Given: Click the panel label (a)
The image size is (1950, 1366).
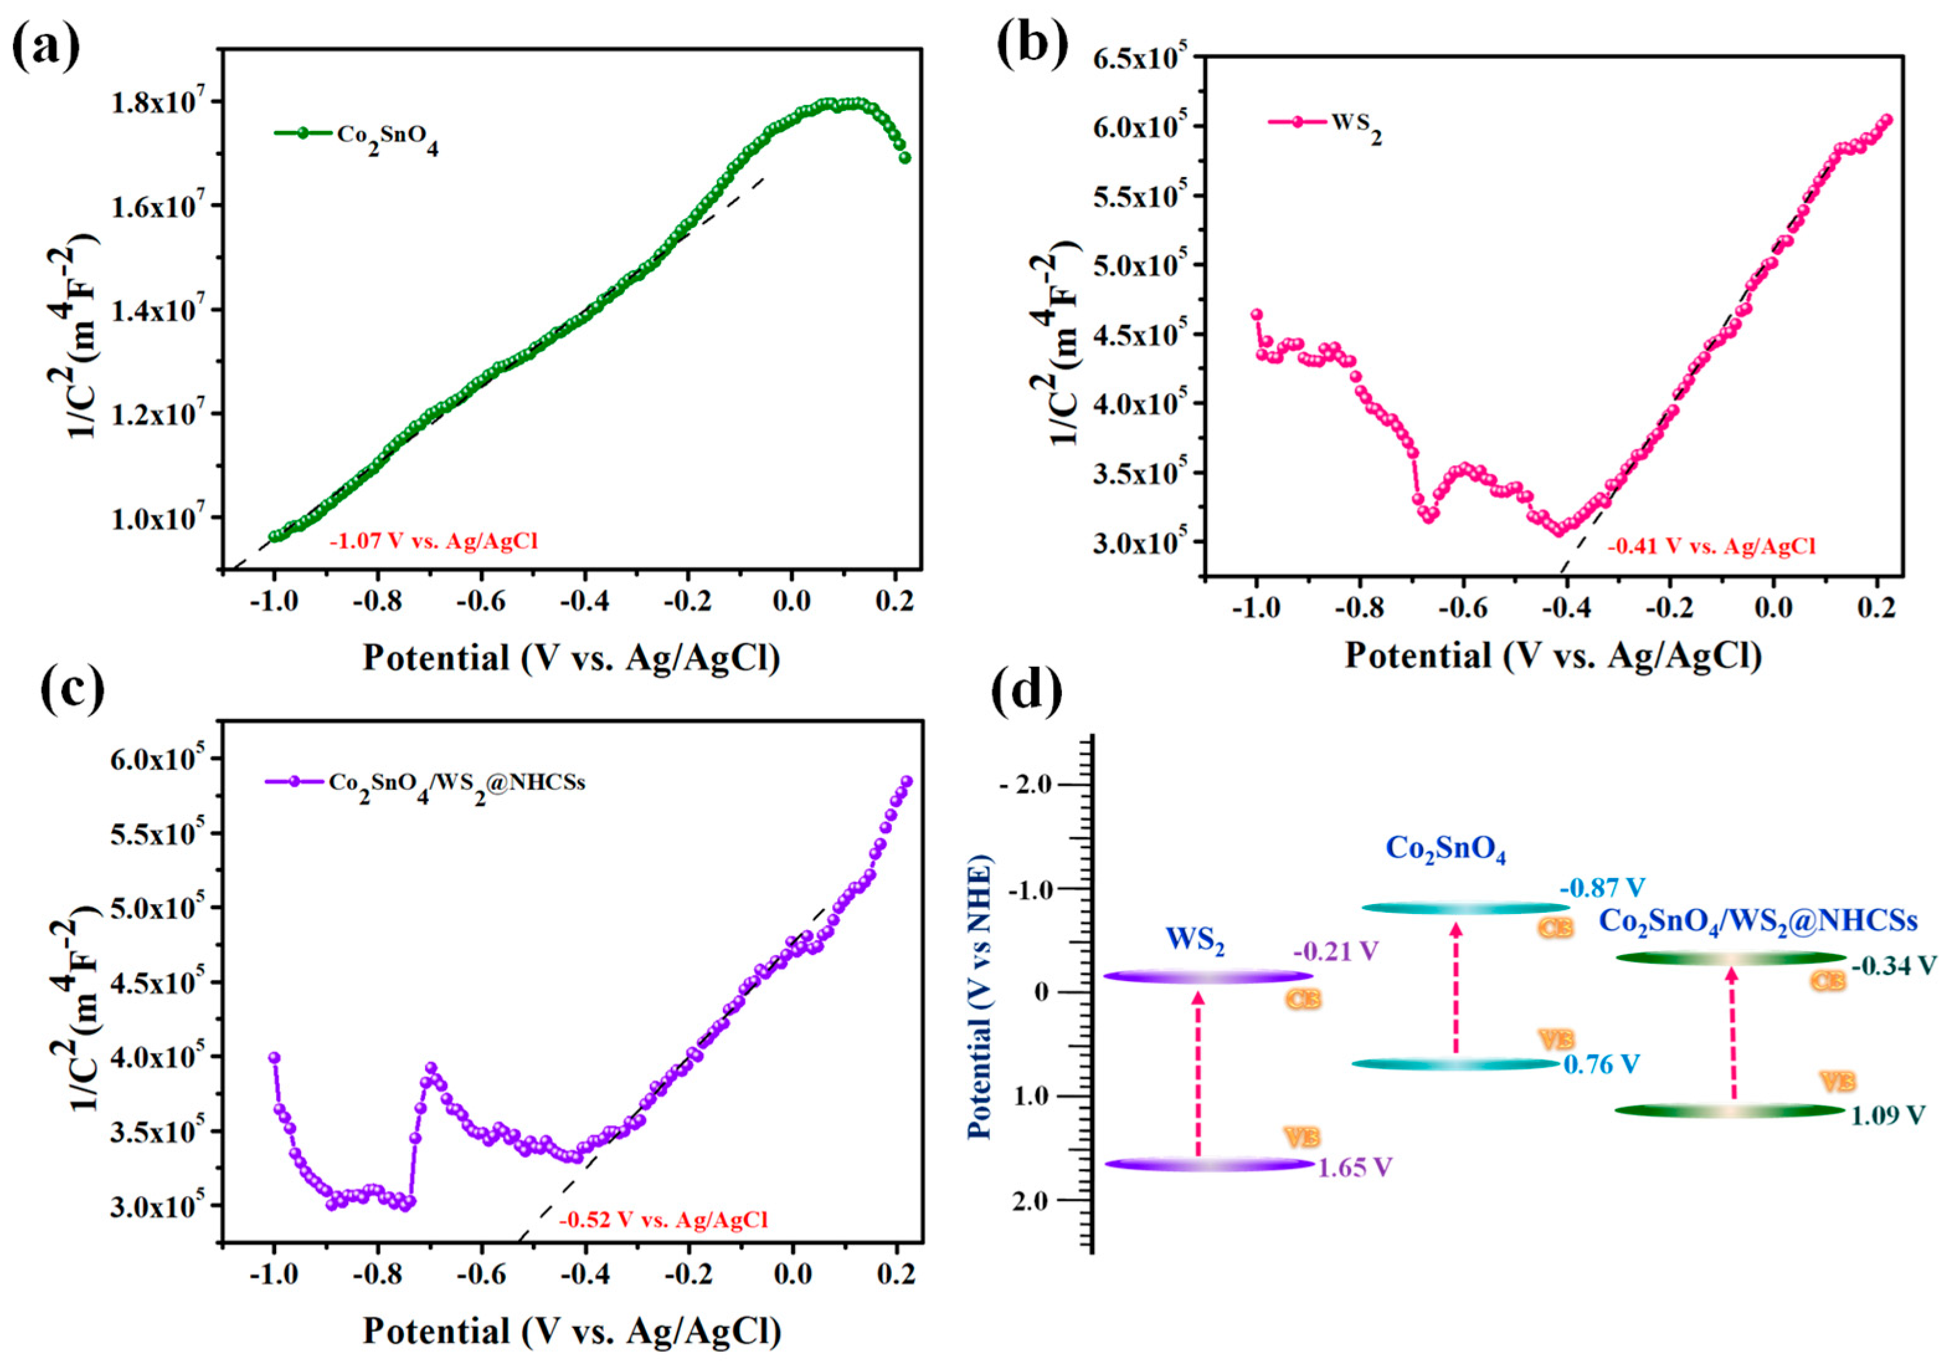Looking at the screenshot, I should pyautogui.click(x=47, y=47).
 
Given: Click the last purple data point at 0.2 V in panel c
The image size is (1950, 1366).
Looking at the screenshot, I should pyautogui.click(x=906, y=782).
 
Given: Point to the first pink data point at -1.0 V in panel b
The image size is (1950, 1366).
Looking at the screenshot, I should pyautogui.click(x=1256, y=314).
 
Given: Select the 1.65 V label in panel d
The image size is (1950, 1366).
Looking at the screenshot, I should pyautogui.click(x=1355, y=1167).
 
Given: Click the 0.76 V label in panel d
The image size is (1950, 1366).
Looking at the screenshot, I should pyautogui.click(x=1601, y=1064).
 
